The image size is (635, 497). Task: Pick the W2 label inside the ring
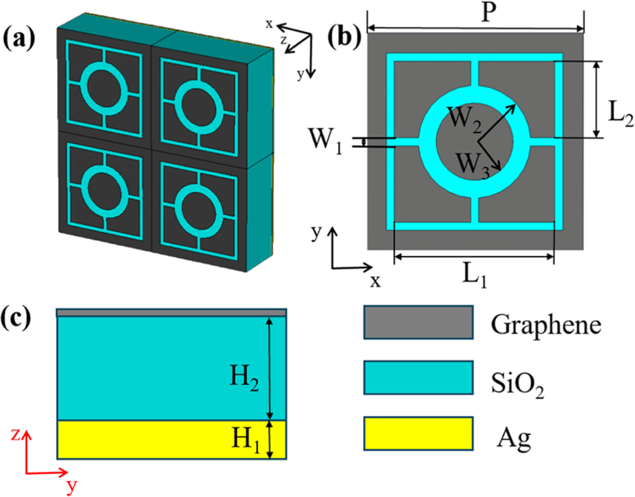464,119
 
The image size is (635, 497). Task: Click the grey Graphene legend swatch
418,322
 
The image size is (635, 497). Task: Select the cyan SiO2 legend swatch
418,377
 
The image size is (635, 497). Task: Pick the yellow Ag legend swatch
418,433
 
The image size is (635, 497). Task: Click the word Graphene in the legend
546,325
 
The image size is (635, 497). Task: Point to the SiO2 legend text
517,385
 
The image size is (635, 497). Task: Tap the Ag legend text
514,439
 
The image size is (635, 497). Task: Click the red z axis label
16,436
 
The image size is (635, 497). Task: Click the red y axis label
72,486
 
